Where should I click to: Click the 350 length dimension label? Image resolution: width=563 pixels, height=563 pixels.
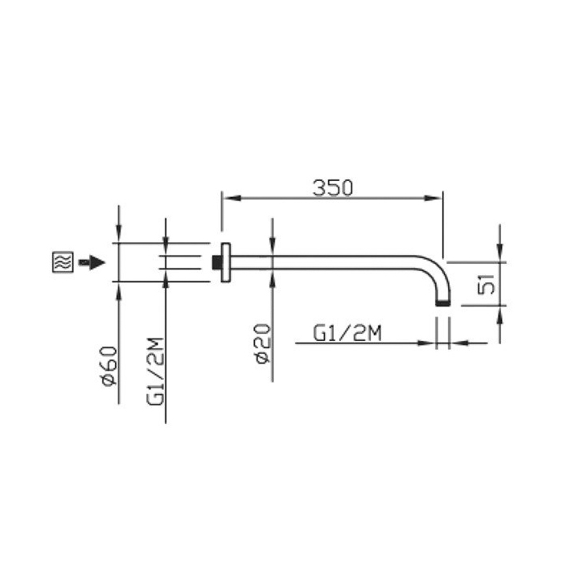point(333,187)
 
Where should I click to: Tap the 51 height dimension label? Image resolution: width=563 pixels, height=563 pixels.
point(487,284)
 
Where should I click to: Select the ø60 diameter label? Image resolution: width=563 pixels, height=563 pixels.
point(109,366)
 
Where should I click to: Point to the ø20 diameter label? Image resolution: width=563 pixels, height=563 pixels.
point(263,343)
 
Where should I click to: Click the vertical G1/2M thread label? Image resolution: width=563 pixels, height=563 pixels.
point(155,372)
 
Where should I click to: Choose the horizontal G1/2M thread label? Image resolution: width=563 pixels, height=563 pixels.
point(347,334)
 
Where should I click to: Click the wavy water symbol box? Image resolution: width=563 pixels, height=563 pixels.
point(63,261)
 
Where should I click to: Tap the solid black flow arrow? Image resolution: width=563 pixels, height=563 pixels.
point(92,262)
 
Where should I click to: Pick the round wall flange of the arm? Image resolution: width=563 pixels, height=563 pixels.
point(225,262)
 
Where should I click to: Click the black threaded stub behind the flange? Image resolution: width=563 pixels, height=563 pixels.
point(217,262)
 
